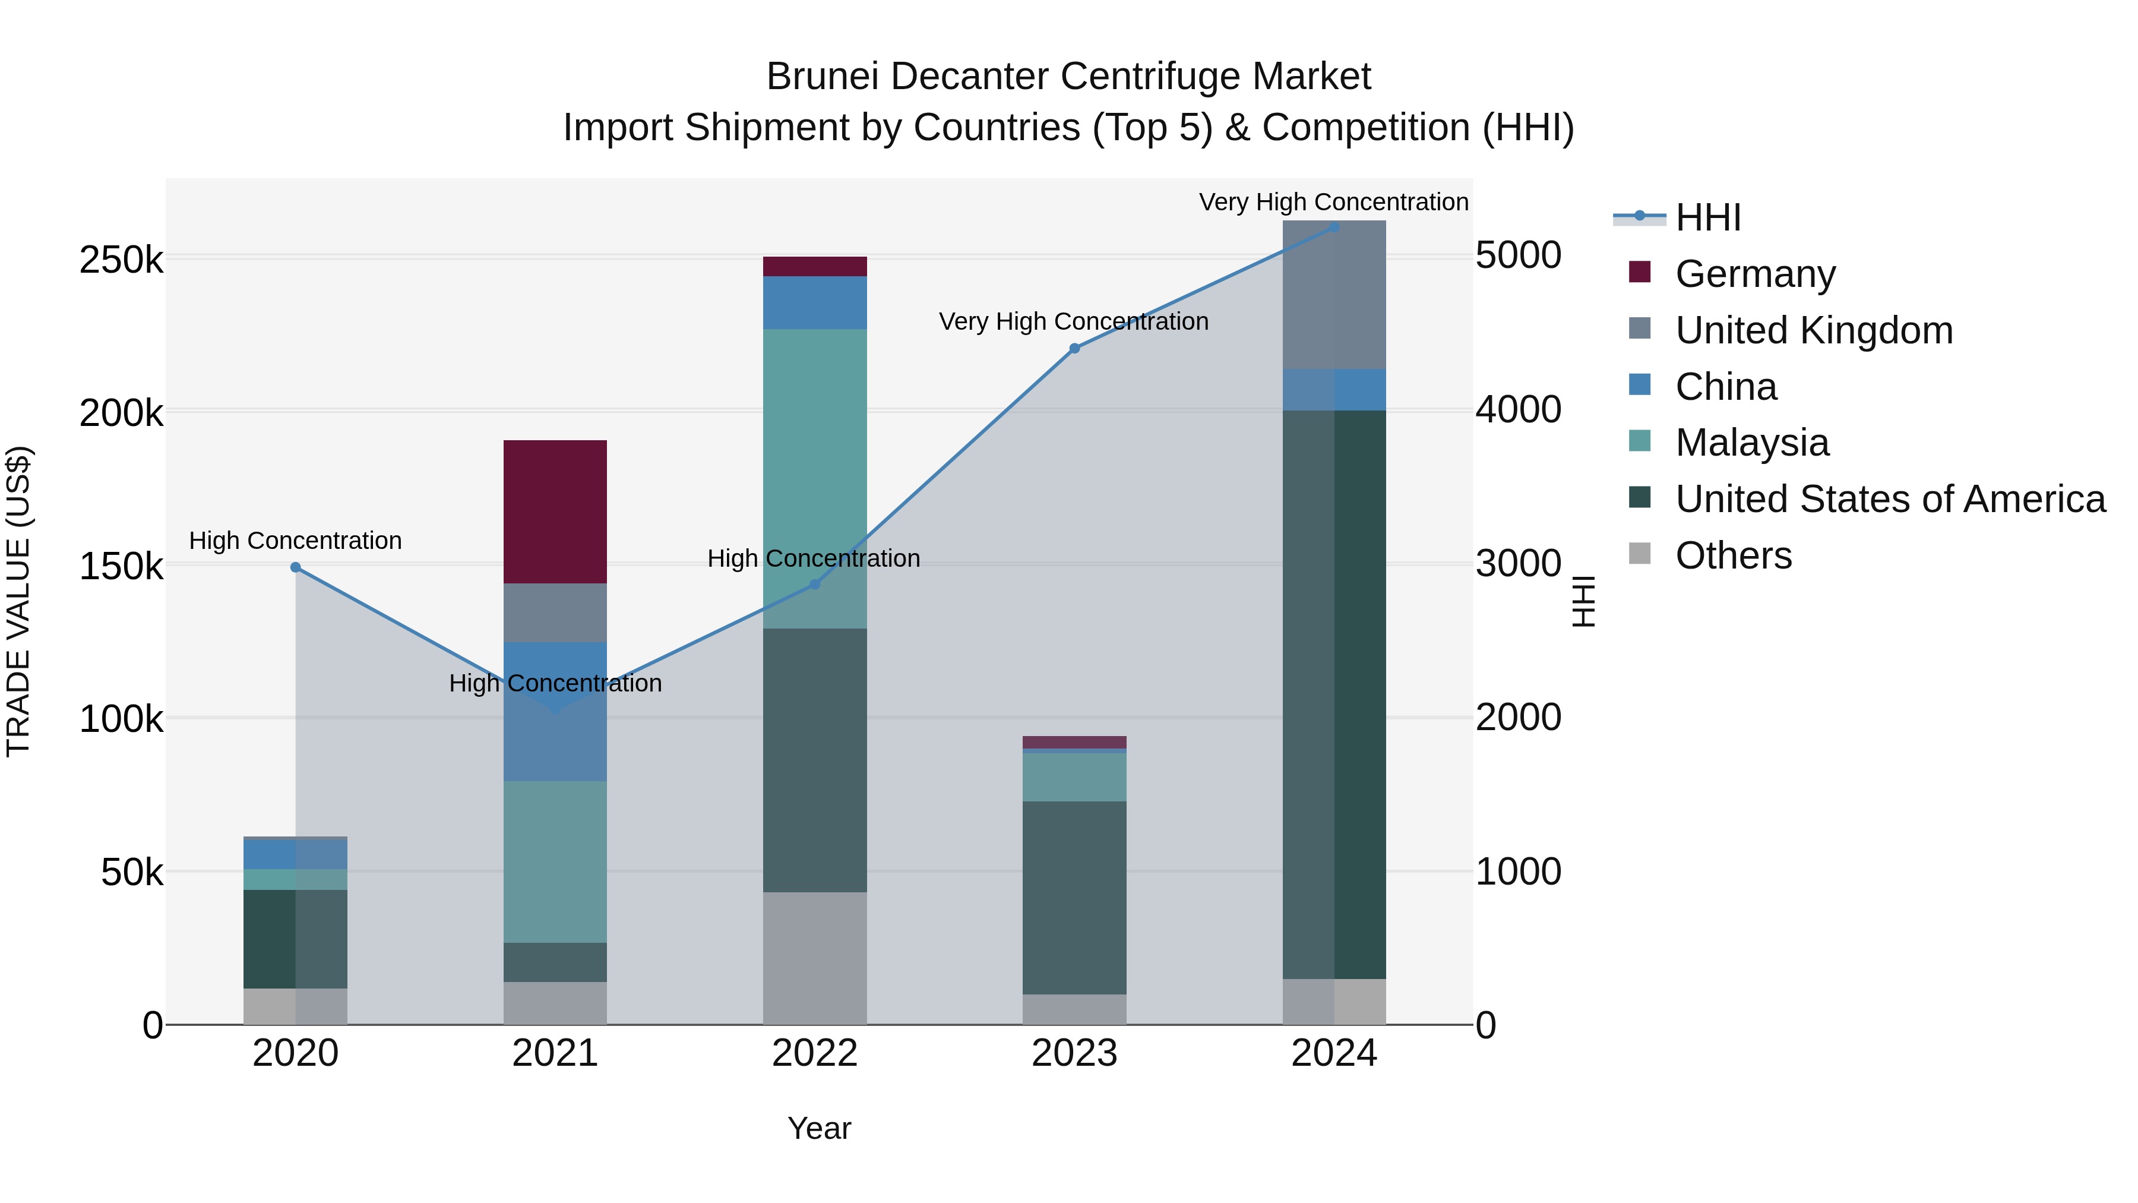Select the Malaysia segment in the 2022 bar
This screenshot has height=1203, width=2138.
[814, 465]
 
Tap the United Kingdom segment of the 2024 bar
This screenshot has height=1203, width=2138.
[1334, 295]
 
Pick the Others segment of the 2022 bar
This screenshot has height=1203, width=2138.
[814, 958]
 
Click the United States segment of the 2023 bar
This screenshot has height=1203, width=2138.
[1074, 896]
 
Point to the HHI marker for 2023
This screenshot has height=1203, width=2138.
[1074, 349]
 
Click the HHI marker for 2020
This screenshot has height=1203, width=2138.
[296, 567]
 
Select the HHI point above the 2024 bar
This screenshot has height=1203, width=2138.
[1334, 227]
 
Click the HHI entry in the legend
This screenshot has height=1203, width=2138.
[1707, 217]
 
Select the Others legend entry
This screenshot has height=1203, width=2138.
[1733, 555]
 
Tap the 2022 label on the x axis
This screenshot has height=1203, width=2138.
[814, 1053]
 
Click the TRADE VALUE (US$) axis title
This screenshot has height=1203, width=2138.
[18, 601]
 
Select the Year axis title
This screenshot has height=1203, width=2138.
[819, 1128]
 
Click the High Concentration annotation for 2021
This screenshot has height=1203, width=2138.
[555, 683]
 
